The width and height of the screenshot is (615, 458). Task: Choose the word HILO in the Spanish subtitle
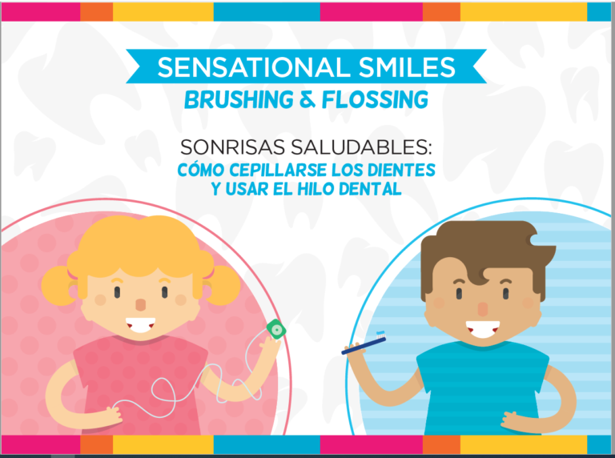323,189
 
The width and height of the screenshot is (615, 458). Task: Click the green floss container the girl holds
275,328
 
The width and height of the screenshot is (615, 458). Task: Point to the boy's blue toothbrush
365,344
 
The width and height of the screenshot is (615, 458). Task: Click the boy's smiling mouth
483,328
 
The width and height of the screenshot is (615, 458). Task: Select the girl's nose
141,305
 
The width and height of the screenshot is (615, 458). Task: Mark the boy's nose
484,308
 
